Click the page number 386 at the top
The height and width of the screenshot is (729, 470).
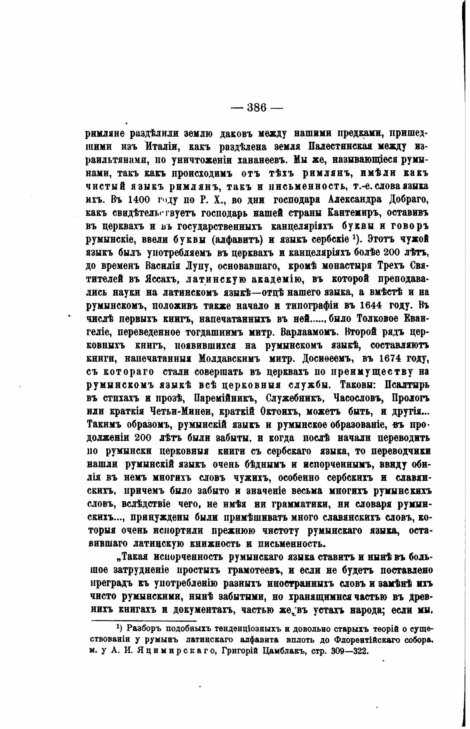pyautogui.click(x=257, y=108)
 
